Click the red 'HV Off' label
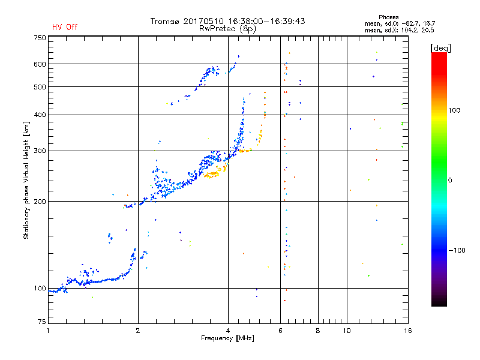click(x=65, y=27)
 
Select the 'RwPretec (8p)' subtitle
click(x=227, y=29)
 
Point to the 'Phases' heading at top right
click(x=388, y=17)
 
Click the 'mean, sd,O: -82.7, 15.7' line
click(x=400, y=23)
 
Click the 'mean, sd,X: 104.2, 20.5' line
click(x=399, y=30)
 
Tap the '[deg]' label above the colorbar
click(x=440, y=48)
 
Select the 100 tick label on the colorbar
click(x=454, y=110)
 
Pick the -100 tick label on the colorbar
click(x=457, y=250)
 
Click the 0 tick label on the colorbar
click(x=450, y=181)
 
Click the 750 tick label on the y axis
click(x=40, y=38)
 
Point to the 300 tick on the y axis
click(x=40, y=151)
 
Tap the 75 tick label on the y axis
click(x=42, y=322)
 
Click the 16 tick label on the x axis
click(x=408, y=331)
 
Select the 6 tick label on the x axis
click(x=280, y=331)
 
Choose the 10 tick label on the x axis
click(x=347, y=331)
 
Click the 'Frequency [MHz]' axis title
click(x=227, y=338)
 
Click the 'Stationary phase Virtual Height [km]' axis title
click(x=26, y=180)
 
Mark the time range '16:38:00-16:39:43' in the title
click(x=266, y=21)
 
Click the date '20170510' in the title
click(x=203, y=21)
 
